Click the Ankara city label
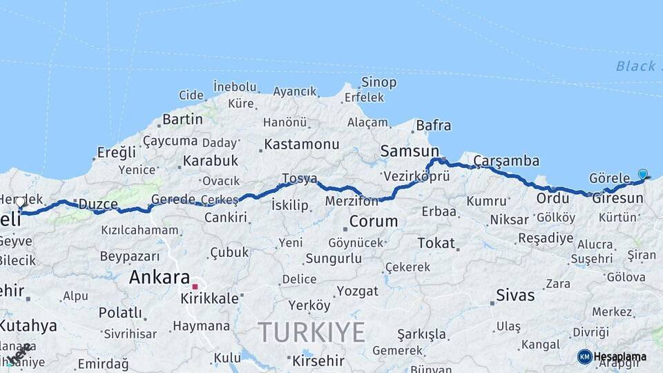click(x=160, y=278)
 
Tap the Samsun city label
click(x=410, y=151)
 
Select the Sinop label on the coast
click(x=379, y=83)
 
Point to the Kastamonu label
click(x=302, y=144)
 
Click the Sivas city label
click(x=515, y=296)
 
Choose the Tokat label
click(x=436, y=243)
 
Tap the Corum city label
click(x=374, y=222)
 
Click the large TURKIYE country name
click(x=312, y=333)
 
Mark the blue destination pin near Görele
click(x=643, y=175)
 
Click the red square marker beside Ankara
click(x=195, y=287)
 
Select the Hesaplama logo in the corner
click(x=612, y=356)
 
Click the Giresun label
click(x=618, y=198)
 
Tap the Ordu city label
click(x=552, y=198)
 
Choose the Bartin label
click(x=183, y=119)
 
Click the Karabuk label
click(x=211, y=161)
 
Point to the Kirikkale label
click(x=209, y=299)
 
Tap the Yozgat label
click(x=357, y=291)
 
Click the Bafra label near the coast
click(x=434, y=126)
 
